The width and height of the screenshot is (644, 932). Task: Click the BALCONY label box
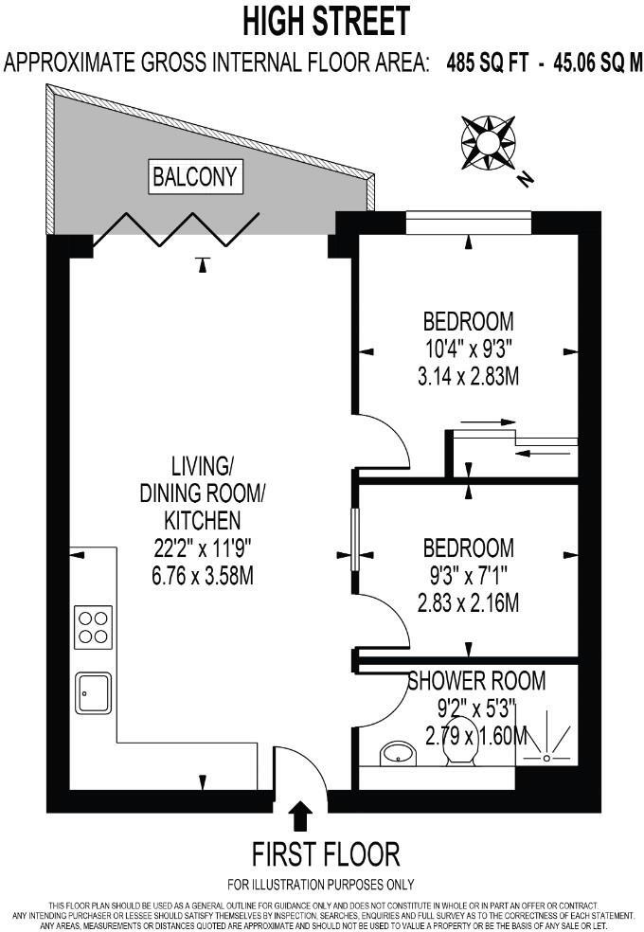tap(197, 176)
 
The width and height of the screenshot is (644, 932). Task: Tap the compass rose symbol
tap(488, 141)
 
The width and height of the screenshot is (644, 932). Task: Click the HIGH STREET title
tap(327, 20)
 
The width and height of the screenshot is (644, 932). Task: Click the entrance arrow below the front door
tap(301, 815)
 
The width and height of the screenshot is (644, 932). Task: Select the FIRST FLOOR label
tap(325, 853)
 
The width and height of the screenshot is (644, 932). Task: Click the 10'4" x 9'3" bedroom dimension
tap(468, 349)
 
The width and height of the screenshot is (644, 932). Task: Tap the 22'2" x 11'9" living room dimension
tap(203, 547)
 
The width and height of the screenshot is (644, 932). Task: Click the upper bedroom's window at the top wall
tap(469, 223)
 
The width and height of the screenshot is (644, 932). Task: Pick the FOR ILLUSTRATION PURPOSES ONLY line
tap(320, 885)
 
